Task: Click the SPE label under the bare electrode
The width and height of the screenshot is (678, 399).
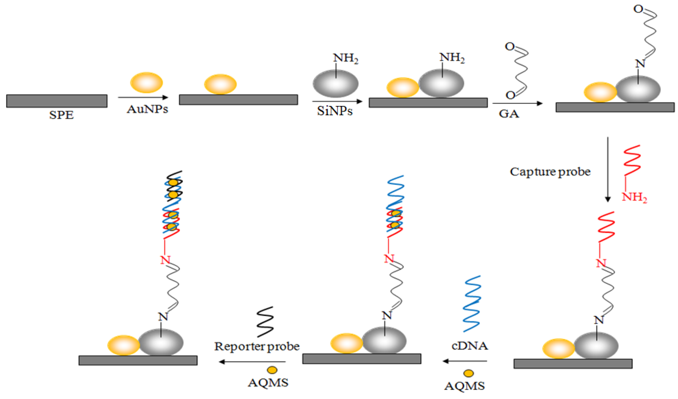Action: [61, 115]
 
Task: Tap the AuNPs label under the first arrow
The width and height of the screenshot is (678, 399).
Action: [148, 109]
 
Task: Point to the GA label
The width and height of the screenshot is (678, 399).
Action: [509, 114]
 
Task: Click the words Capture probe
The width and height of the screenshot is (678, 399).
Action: [550, 172]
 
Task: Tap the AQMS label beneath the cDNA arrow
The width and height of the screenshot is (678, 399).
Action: [465, 386]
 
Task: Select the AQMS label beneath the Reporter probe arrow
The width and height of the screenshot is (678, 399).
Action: [268, 383]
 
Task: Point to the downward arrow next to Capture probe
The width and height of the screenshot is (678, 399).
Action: [608, 169]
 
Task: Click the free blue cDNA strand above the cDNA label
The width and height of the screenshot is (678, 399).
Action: [472, 304]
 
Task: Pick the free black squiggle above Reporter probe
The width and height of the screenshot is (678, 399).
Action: [265, 322]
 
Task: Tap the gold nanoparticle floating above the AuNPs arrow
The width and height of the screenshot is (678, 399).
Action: [146, 83]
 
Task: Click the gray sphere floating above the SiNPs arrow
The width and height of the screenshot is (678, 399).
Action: [335, 83]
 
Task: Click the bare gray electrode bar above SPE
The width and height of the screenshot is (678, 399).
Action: [57, 101]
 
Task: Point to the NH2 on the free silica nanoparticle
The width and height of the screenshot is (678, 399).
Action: [346, 58]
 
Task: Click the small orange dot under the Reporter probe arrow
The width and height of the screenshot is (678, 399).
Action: [272, 370]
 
